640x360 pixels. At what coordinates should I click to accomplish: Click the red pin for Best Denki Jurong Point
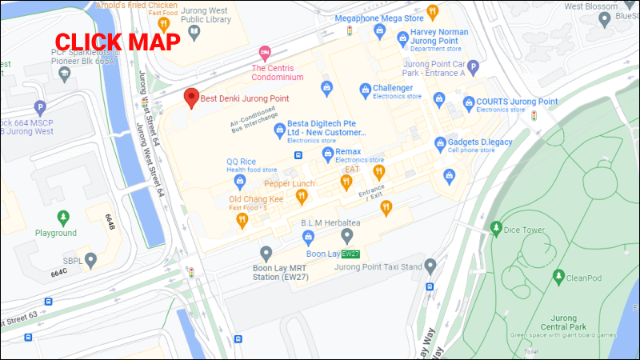click(x=190, y=98)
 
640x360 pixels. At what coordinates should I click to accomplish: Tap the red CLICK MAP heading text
click(x=117, y=42)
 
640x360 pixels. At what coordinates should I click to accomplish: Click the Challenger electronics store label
click(x=393, y=88)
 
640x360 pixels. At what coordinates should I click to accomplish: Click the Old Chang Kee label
click(x=256, y=198)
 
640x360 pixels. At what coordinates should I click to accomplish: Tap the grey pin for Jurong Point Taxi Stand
click(x=430, y=266)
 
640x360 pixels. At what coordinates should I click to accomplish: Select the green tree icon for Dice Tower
click(x=495, y=230)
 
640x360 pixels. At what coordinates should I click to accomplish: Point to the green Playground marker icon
click(x=63, y=217)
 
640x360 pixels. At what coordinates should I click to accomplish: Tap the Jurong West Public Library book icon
click(x=194, y=32)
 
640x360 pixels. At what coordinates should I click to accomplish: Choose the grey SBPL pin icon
click(x=92, y=259)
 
